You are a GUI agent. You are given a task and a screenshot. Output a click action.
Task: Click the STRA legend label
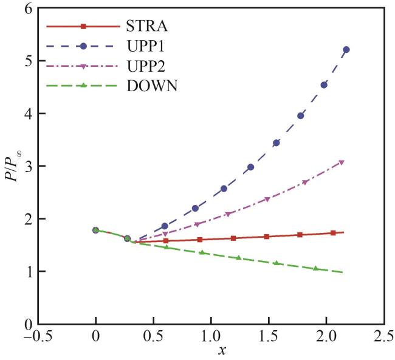[148, 26]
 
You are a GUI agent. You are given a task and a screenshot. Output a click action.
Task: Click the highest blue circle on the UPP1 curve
[346, 50]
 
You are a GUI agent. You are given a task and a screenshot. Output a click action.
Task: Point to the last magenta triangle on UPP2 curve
[342, 162]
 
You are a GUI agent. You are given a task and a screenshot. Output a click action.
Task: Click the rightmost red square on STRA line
[333, 233]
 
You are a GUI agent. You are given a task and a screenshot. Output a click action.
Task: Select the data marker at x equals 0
[95, 230]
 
